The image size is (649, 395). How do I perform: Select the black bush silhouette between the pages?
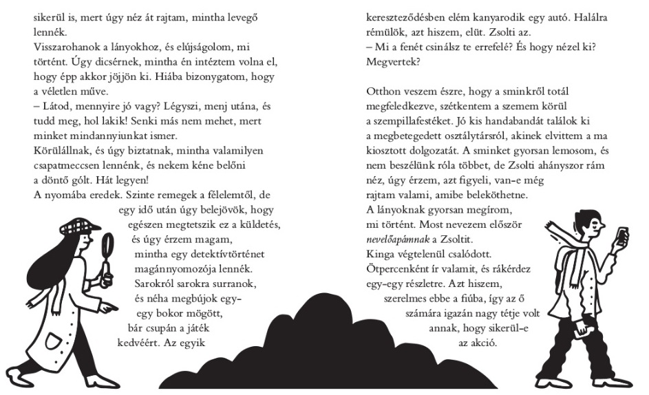pyautogui.click(x=323, y=337)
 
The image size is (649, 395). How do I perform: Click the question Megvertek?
pyautogui.click(x=391, y=61)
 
